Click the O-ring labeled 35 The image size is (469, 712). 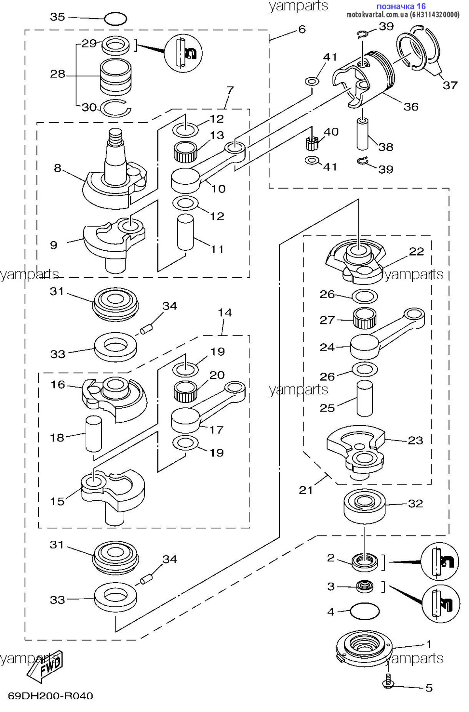[115, 19]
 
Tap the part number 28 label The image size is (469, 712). [58, 74]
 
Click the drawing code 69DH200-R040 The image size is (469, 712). [50, 695]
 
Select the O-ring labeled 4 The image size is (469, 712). [365, 611]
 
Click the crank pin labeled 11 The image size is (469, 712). [185, 232]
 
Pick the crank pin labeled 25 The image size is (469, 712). [365, 398]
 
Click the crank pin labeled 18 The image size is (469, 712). [94, 434]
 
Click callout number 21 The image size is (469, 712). [306, 490]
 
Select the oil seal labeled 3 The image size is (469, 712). [365, 586]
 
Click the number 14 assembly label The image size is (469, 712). [225, 312]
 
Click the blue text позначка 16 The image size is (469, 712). [401, 6]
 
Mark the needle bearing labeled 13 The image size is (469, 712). [185, 151]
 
